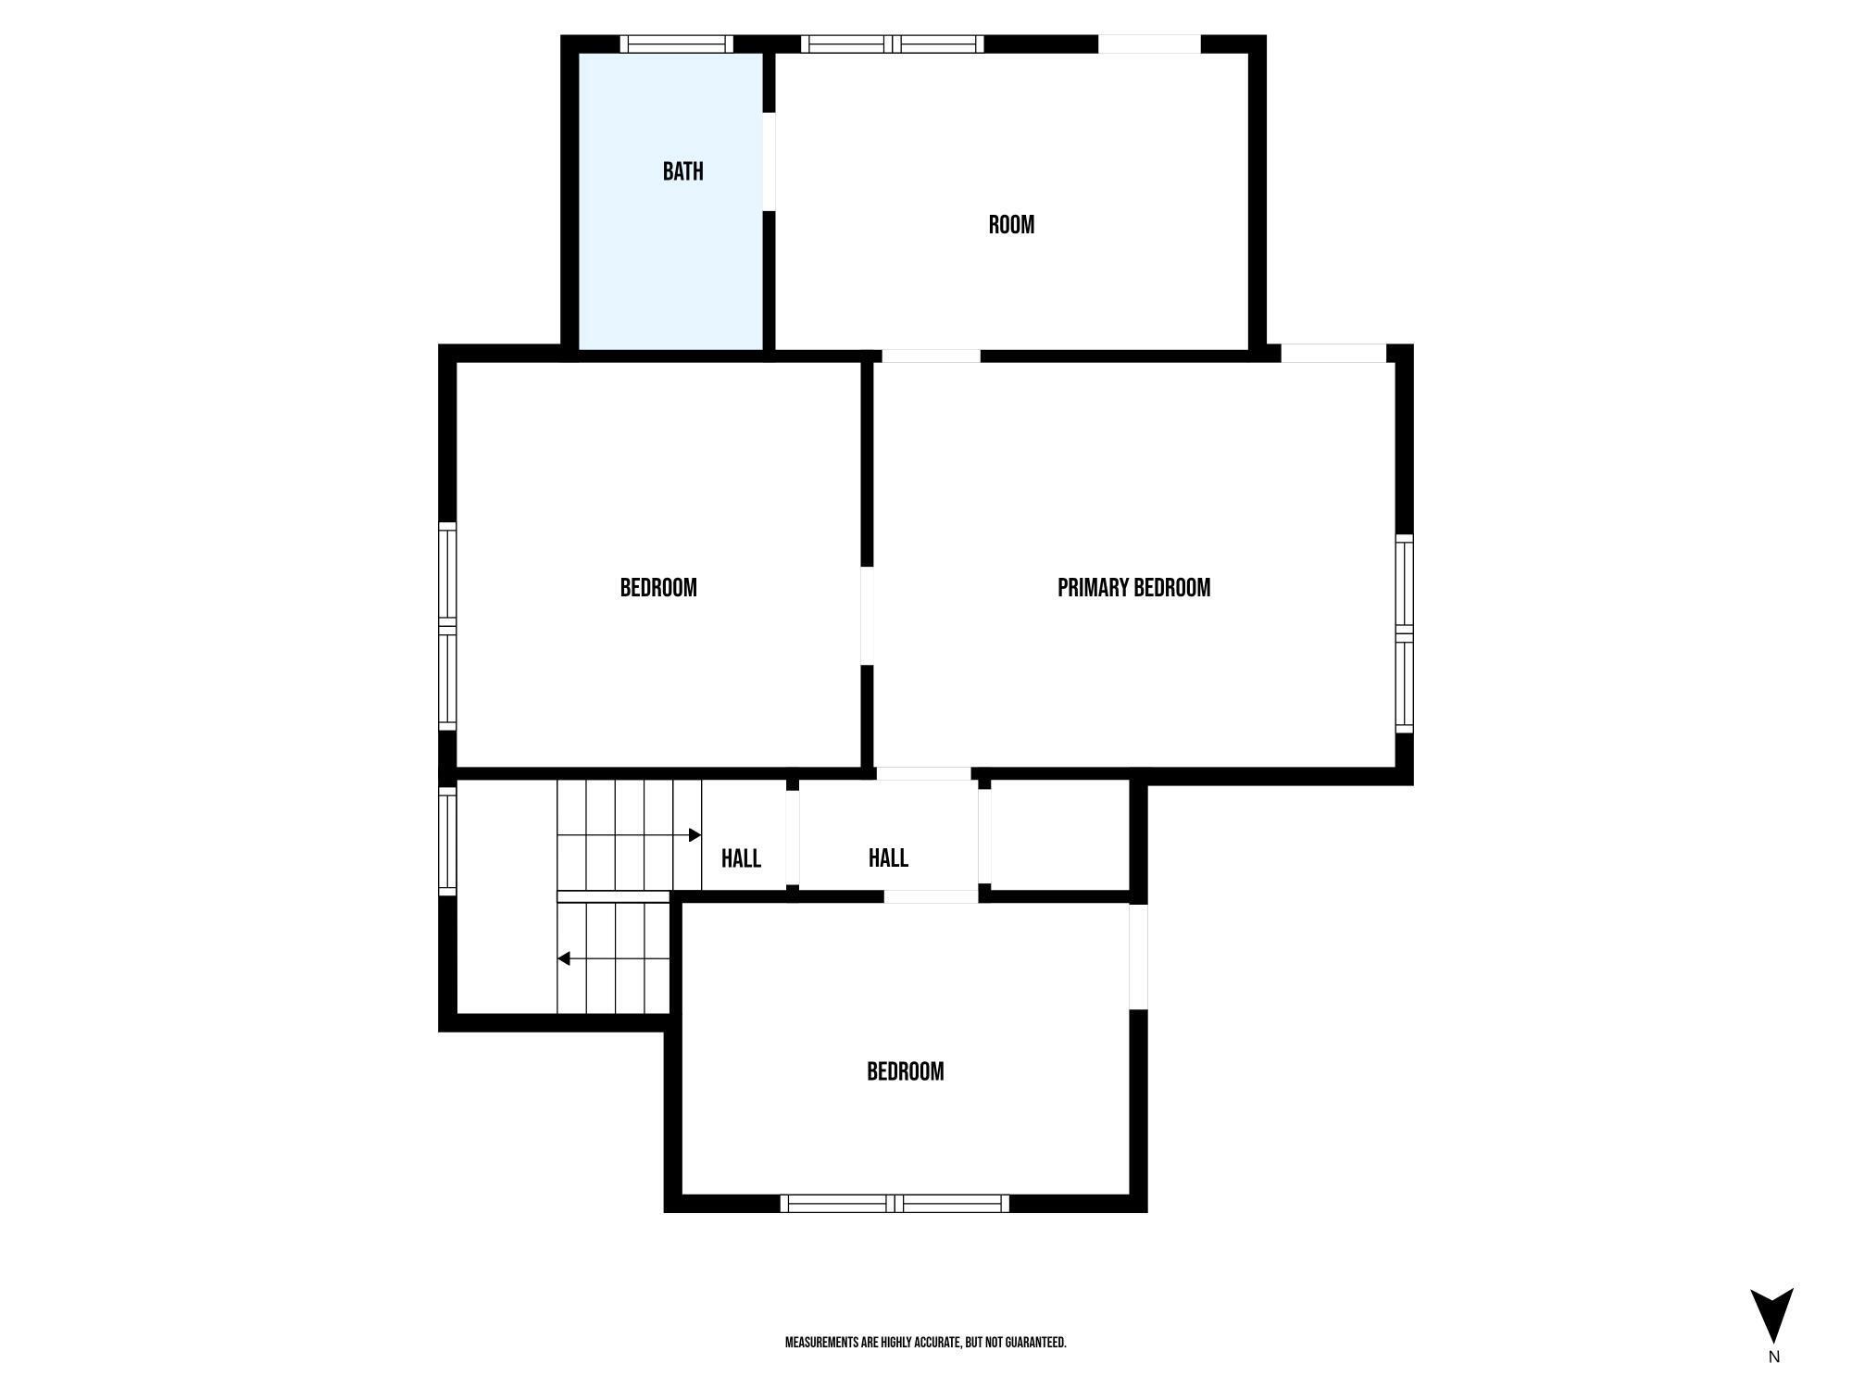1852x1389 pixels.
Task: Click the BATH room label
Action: [682, 171]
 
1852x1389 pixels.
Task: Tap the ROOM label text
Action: [1011, 225]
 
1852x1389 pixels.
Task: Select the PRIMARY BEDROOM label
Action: [1133, 588]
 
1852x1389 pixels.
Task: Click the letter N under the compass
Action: [1773, 1358]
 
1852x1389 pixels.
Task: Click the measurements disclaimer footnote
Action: [925, 1342]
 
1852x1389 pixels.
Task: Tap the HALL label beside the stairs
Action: [741, 858]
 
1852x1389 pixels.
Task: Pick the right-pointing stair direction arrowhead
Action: [694, 835]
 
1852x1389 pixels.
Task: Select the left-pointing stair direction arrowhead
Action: [564, 958]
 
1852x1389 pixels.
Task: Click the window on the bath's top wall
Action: [676, 44]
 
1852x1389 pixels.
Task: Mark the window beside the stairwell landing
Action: [447, 841]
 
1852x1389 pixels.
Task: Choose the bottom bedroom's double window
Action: [895, 1203]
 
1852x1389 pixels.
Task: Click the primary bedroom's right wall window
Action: [1404, 633]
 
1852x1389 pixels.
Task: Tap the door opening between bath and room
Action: [769, 161]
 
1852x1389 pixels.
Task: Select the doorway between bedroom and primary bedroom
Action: [867, 615]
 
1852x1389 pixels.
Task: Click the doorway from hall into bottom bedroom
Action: [931, 896]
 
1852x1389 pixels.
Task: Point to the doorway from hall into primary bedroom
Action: [923, 773]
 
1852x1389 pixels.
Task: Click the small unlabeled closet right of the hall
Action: [1059, 835]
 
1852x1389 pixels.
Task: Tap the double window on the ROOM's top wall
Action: [892, 44]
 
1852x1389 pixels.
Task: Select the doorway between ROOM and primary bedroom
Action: [931, 356]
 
